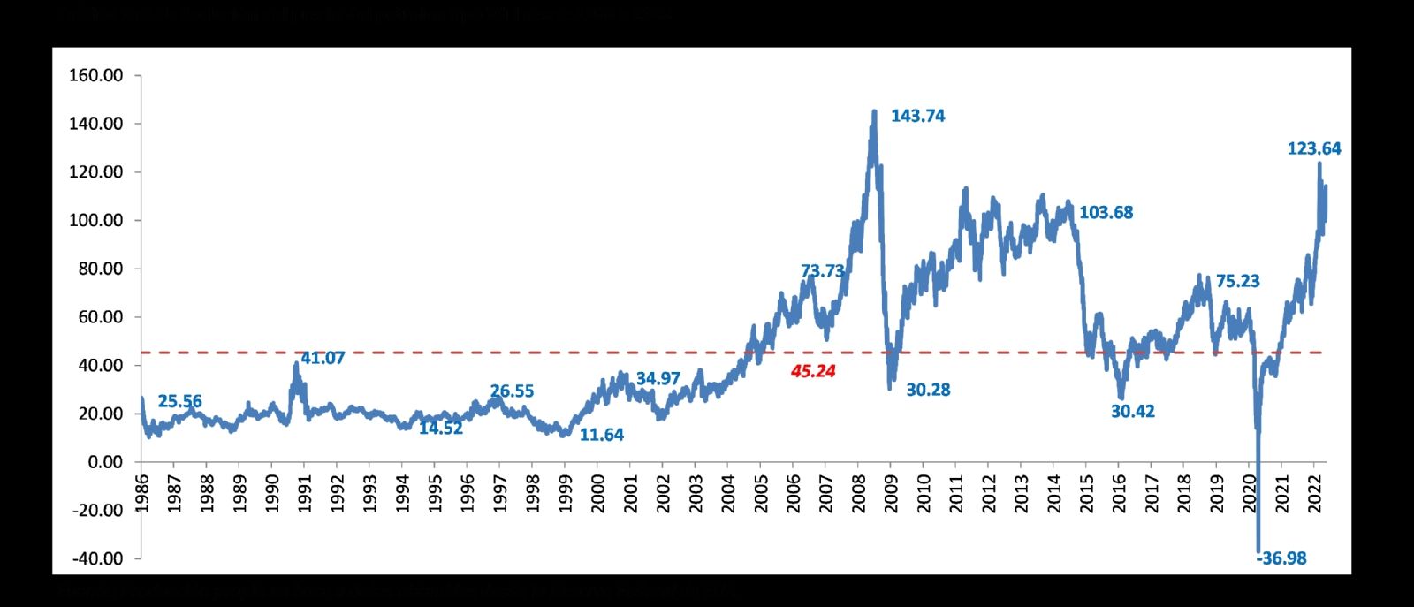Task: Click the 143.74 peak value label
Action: tap(917, 116)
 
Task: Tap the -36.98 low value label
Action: tap(1281, 558)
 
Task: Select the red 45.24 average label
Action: tap(813, 371)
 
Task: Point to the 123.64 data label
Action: tap(1313, 148)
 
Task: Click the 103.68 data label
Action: tap(1106, 212)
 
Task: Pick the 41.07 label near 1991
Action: tap(323, 358)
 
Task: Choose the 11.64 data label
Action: tap(601, 435)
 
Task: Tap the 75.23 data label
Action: tap(1237, 281)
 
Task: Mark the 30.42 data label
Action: tap(1132, 411)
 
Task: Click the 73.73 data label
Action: tap(822, 271)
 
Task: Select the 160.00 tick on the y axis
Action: tap(95, 75)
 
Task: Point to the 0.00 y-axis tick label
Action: tap(105, 461)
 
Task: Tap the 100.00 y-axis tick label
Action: tap(95, 220)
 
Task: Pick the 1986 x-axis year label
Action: tap(141, 493)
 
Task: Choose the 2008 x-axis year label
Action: tap(858, 493)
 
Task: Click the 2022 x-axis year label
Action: tap(1314, 493)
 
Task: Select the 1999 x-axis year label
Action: tap(565, 493)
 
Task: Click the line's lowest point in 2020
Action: tap(1258, 551)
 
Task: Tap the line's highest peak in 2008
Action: tap(874, 111)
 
